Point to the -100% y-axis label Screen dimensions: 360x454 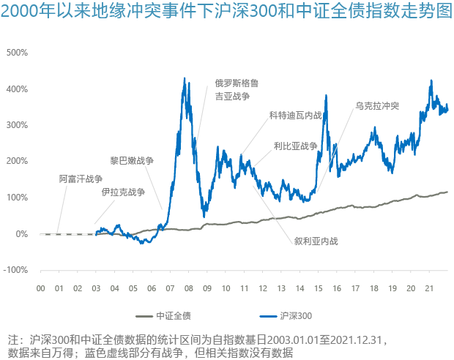click(15, 270)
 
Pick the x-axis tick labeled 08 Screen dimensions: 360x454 click(188, 288)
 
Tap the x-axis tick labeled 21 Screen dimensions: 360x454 click(429, 288)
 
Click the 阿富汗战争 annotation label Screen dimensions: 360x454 click(81, 179)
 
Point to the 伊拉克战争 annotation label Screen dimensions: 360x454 click(123, 192)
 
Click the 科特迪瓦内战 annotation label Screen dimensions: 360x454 click(295, 116)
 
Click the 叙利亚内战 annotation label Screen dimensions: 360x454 click(316, 240)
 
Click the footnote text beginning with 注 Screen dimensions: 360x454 click(198, 346)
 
